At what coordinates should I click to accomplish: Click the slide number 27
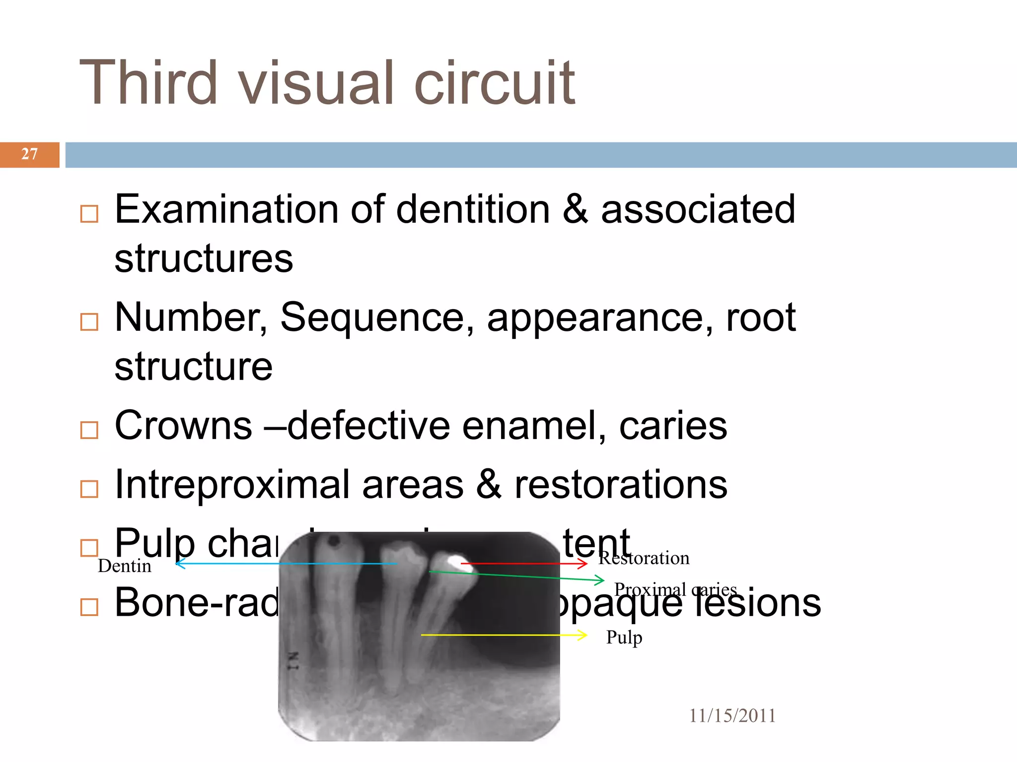[x=29, y=154]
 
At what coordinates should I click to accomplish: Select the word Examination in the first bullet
[x=226, y=209]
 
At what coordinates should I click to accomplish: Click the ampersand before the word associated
[x=575, y=209]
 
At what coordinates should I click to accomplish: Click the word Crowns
[x=183, y=426]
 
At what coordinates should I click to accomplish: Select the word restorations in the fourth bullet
[x=621, y=485]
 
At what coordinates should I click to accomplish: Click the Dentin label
[x=124, y=566]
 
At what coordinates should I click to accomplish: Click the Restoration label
[x=644, y=558]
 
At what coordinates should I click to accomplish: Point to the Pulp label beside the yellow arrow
[x=624, y=637]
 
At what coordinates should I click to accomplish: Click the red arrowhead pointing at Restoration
[x=583, y=564]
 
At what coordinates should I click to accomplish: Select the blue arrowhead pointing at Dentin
[x=180, y=563]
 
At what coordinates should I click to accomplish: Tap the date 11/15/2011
[x=732, y=716]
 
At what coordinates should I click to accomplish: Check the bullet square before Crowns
[x=89, y=430]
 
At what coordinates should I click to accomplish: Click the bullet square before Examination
[x=89, y=214]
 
